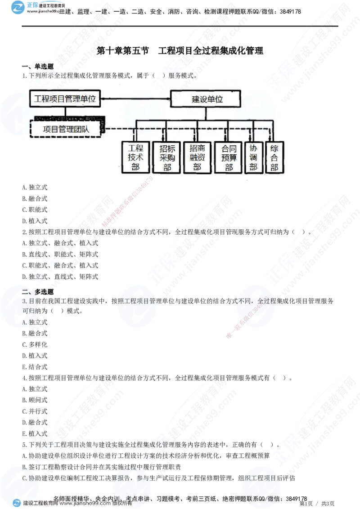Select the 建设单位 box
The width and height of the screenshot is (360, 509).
[205, 99]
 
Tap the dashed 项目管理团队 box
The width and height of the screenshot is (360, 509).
[66, 129]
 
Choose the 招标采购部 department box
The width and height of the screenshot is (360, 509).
[166, 157]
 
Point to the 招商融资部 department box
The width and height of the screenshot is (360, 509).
[197, 157]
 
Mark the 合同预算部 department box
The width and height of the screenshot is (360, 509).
[229, 157]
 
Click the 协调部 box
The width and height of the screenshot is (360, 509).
[253, 157]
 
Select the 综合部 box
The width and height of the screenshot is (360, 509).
[274, 157]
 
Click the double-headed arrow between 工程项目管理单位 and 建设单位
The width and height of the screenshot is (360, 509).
[135, 98]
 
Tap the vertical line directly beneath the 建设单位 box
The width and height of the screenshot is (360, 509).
[205, 113]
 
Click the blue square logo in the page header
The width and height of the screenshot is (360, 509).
[18, 7]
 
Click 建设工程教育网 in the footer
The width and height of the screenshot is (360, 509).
[40, 504]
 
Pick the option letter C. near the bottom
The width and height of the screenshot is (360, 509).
[26, 478]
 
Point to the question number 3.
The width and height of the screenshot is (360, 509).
[25, 301]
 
